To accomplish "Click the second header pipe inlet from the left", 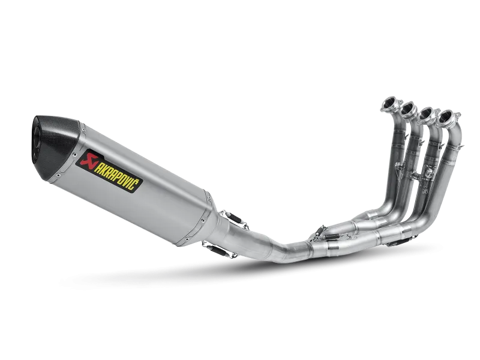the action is [x=409, y=110].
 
